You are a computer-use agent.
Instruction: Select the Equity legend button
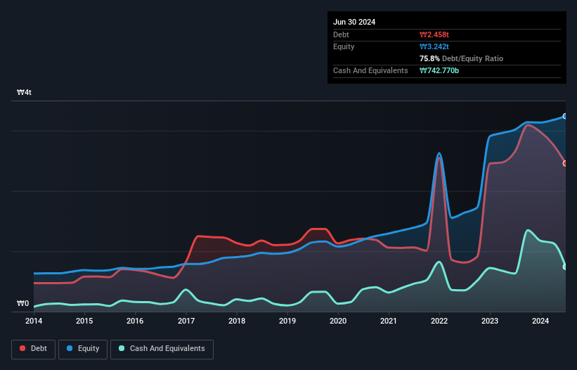click(83, 348)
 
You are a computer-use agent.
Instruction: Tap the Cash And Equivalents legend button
click(162, 348)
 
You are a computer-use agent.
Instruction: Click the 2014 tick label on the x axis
click(34, 321)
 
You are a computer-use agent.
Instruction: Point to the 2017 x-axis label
click(186, 321)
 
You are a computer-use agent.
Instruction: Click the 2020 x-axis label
click(338, 321)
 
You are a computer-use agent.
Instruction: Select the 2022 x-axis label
click(439, 321)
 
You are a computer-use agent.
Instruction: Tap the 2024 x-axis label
click(540, 321)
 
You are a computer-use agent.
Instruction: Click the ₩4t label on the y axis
click(25, 93)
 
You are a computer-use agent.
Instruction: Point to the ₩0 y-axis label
click(23, 304)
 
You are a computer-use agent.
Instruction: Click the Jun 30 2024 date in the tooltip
click(354, 22)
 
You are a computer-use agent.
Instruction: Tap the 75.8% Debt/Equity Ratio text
click(461, 58)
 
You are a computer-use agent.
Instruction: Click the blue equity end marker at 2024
click(565, 116)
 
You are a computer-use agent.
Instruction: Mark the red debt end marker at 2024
click(565, 163)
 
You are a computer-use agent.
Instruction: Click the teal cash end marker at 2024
click(565, 267)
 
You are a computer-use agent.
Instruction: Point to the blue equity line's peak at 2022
click(439, 153)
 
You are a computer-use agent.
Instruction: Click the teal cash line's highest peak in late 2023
click(527, 230)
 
